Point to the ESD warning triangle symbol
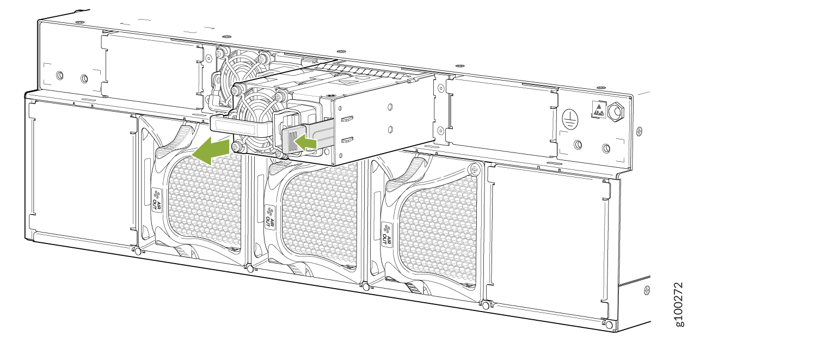tap(599, 109)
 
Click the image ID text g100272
tap(678, 304)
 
